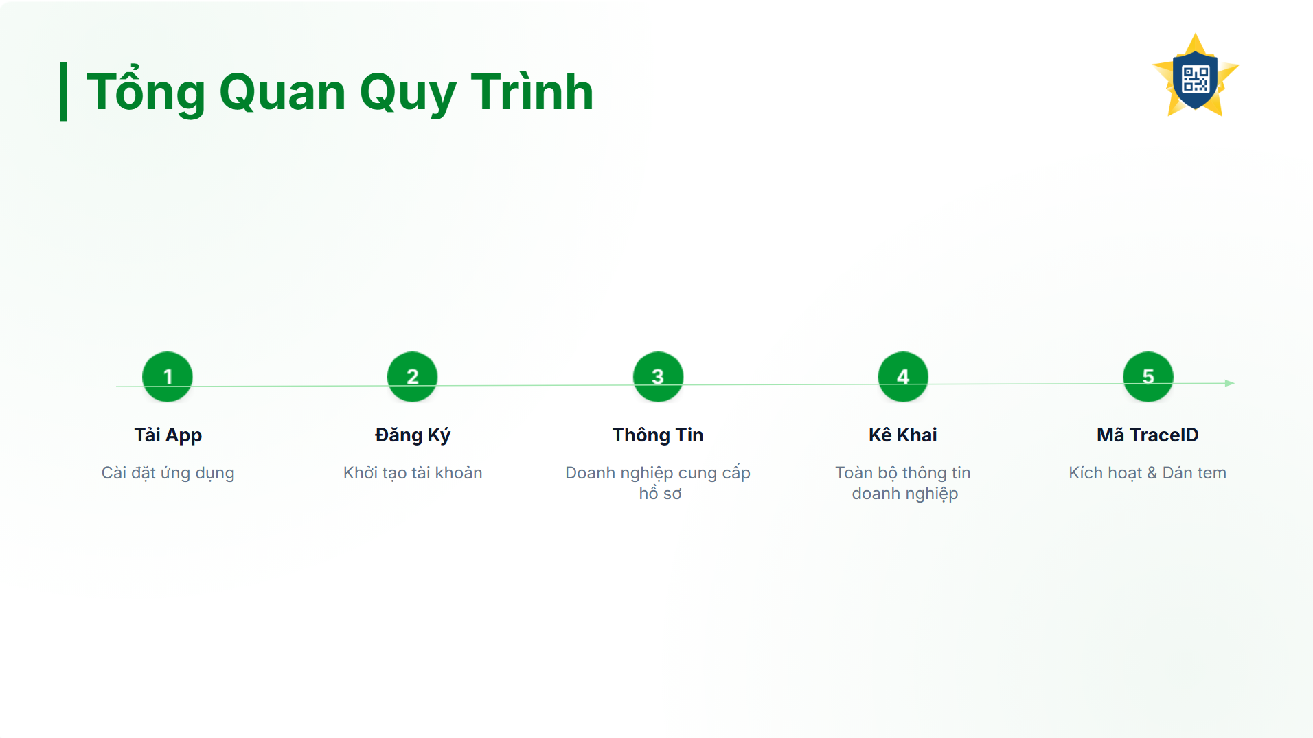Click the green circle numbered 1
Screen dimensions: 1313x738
[x=168, y=376]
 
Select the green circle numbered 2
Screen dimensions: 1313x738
[x=413, y=376]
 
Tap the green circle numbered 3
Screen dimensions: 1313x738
[x=658, y=376]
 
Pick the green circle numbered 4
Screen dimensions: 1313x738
[x=903, y=376]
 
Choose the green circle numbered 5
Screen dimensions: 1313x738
[x=1148, y=376]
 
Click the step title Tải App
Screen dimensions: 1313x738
[x=168, y=435]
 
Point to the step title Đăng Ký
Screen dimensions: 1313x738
[x=413, y=435]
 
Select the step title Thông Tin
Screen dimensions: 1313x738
[x=658, y=435]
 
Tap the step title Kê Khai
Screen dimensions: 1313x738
[x=903, y=435]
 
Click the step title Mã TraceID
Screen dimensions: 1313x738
[x=1148, y=435]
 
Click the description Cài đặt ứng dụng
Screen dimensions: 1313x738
[x=168, y=474]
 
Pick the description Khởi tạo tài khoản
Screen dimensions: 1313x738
[x=413, y=473]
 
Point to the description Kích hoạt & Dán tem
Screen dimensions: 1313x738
[x=1148, y=473]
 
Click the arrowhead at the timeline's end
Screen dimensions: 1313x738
[x=1230, y=383]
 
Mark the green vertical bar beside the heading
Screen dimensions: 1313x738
[x=64, y=91]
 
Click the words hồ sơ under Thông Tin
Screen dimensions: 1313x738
[x=661, y=494]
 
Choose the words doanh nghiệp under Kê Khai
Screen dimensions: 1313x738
[x=905, y=494]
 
